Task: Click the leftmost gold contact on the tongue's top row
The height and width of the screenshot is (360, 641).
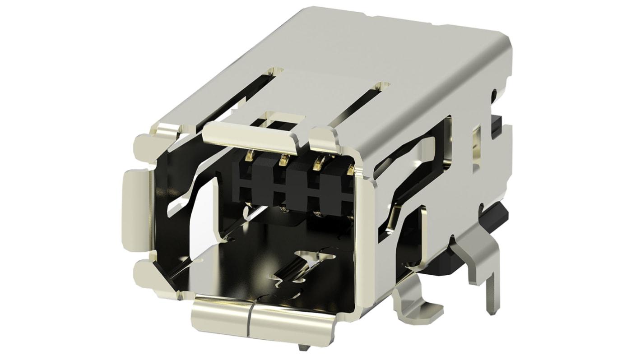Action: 249,157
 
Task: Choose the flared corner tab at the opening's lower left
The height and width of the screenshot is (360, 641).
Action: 152,280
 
